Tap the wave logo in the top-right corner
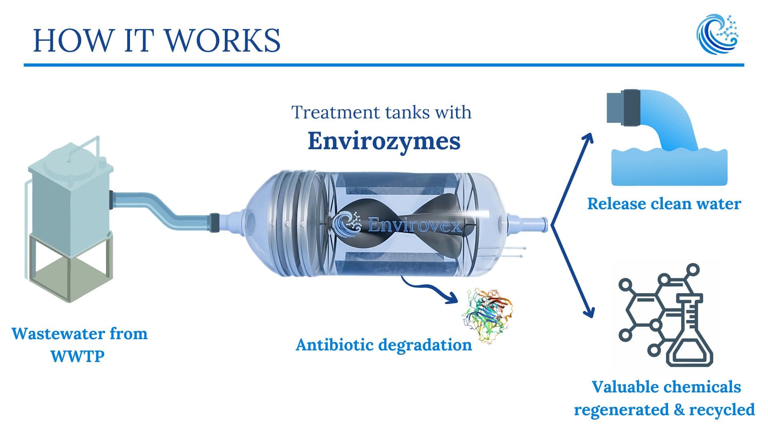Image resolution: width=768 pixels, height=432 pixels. [x=718, y=34]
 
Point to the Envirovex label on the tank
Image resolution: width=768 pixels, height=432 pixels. [x=414, y=225]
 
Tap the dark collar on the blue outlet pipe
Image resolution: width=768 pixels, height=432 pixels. [x=631, y=108]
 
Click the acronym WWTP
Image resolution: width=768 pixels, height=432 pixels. [x=78, y=356]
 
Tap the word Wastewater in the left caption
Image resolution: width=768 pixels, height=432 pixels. [x=58, y=334]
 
